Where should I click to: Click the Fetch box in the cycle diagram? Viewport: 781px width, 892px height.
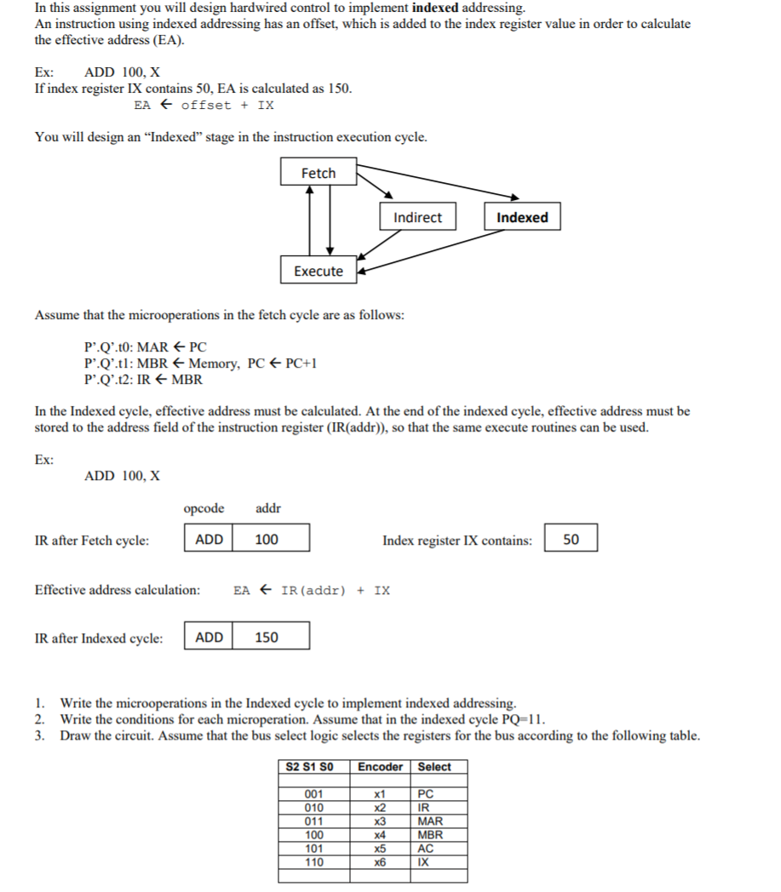319,173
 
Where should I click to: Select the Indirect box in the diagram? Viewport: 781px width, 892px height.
417,217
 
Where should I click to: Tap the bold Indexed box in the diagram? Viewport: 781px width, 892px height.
522,217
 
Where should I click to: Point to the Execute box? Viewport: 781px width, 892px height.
319,271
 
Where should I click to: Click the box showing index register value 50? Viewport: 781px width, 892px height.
571,540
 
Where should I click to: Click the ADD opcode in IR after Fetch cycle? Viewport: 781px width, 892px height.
210,539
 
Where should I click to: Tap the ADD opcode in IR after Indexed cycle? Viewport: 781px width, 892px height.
210,637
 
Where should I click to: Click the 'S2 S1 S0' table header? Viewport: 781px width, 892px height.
313,767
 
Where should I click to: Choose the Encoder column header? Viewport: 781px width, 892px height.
380,767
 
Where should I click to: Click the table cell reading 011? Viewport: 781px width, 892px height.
313,821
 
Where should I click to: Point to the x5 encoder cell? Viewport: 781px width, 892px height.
381,849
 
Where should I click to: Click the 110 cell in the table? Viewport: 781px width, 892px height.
313,862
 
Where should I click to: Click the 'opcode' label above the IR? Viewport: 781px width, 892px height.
204,508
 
